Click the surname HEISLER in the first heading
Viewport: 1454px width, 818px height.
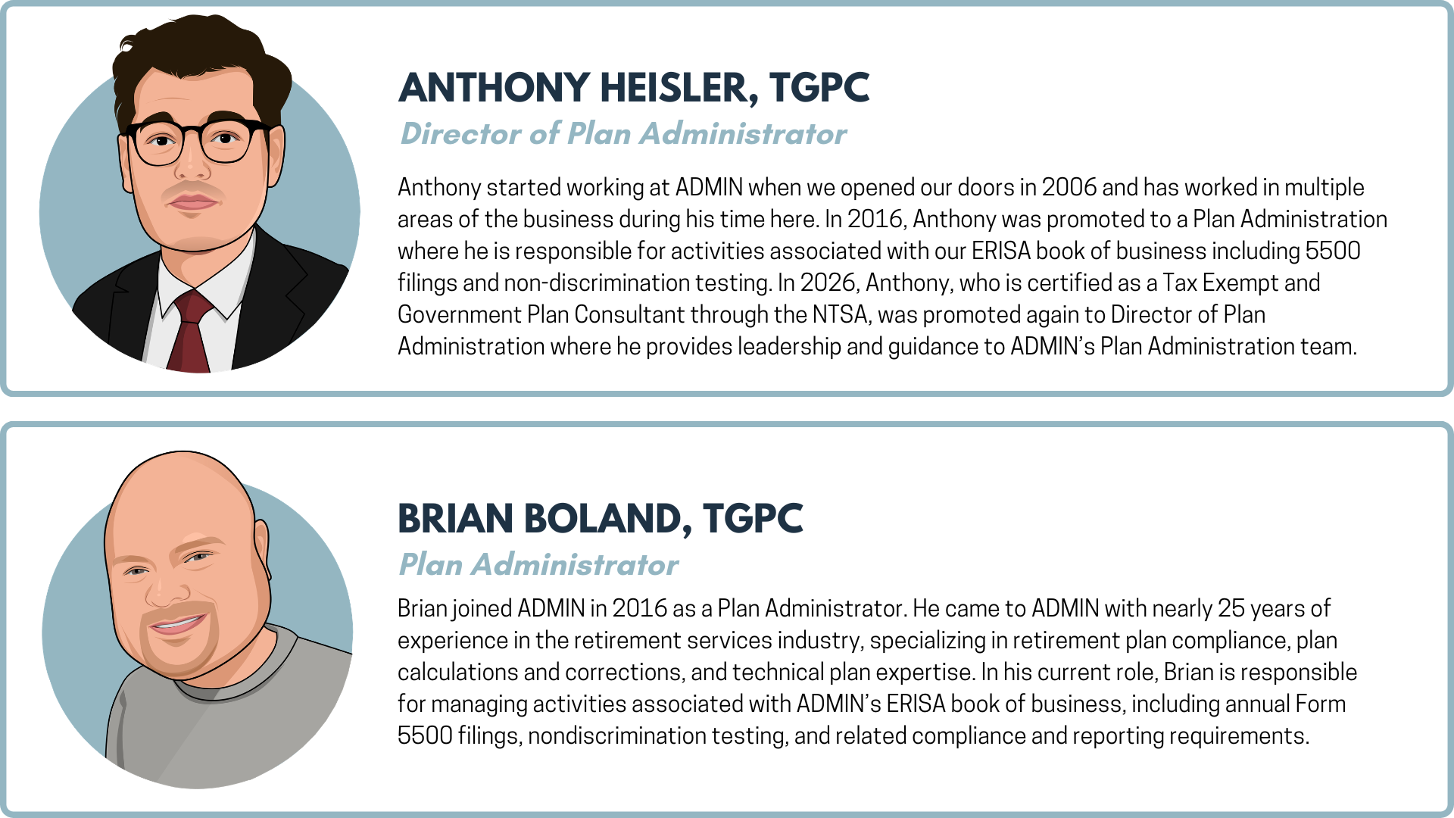pyautogui.click(x=679, y=88)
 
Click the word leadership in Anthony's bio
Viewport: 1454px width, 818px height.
pyautogui.click(x=789, y=347)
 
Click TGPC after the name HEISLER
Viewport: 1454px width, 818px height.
pyautogui.click(x=819, y=88)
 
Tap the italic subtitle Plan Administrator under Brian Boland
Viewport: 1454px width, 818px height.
pyautogui.click(x=538, y=565)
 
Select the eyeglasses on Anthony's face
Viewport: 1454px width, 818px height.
pyautogui.click(x=198, y=141)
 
